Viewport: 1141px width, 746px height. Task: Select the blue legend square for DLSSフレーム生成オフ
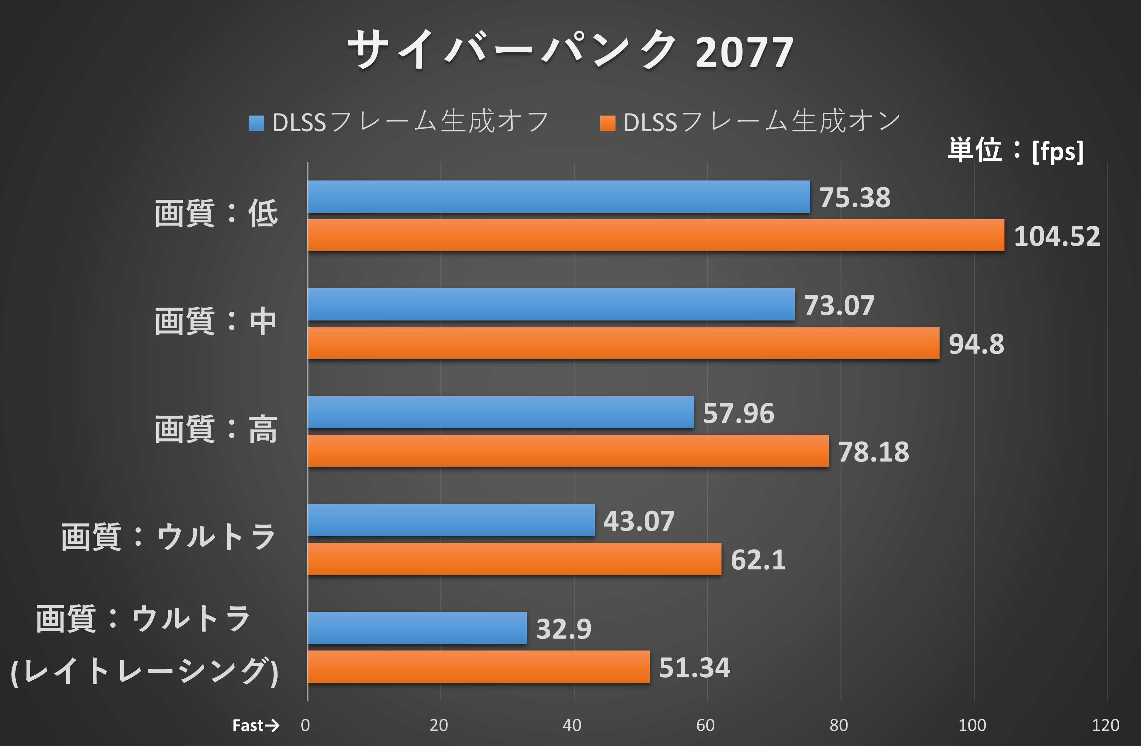(x=256, y=123)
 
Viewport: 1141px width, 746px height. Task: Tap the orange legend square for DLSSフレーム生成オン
(x=607, y=123)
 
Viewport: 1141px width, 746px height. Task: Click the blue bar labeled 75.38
(x=558, y=197)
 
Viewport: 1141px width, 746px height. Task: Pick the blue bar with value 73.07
(x=551, y=304)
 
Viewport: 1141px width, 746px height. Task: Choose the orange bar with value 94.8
(x=623, y=343)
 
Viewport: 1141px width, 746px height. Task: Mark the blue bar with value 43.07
(x=451, y=520)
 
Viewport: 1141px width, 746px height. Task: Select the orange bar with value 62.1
(x=514, y=559)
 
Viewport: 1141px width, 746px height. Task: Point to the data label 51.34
(x=694, y=668)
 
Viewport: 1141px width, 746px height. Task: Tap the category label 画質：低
(x=216, y=213)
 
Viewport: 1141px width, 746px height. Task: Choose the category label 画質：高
(x=216, y=429)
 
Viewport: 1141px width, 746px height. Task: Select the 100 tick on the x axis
(x=972, y=725)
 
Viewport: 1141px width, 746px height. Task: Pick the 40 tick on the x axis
(x=572, y=725)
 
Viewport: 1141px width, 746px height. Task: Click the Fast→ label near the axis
(x=255, y=725)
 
